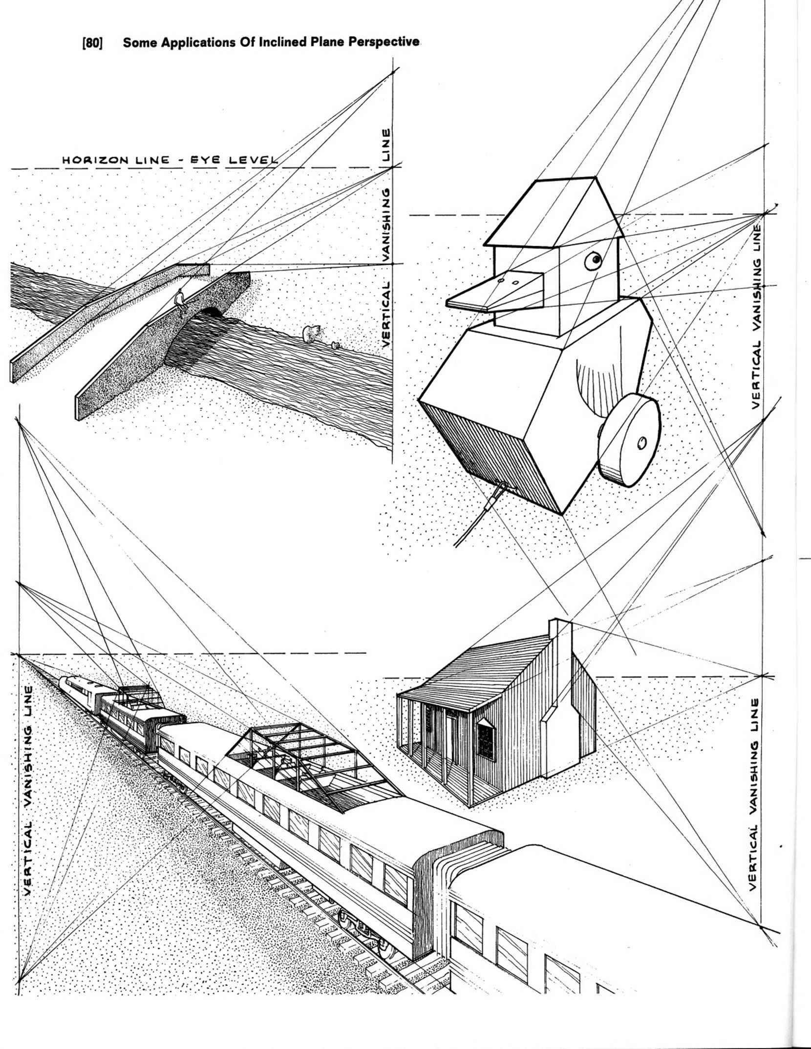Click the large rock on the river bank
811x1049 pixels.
[310, 334]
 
